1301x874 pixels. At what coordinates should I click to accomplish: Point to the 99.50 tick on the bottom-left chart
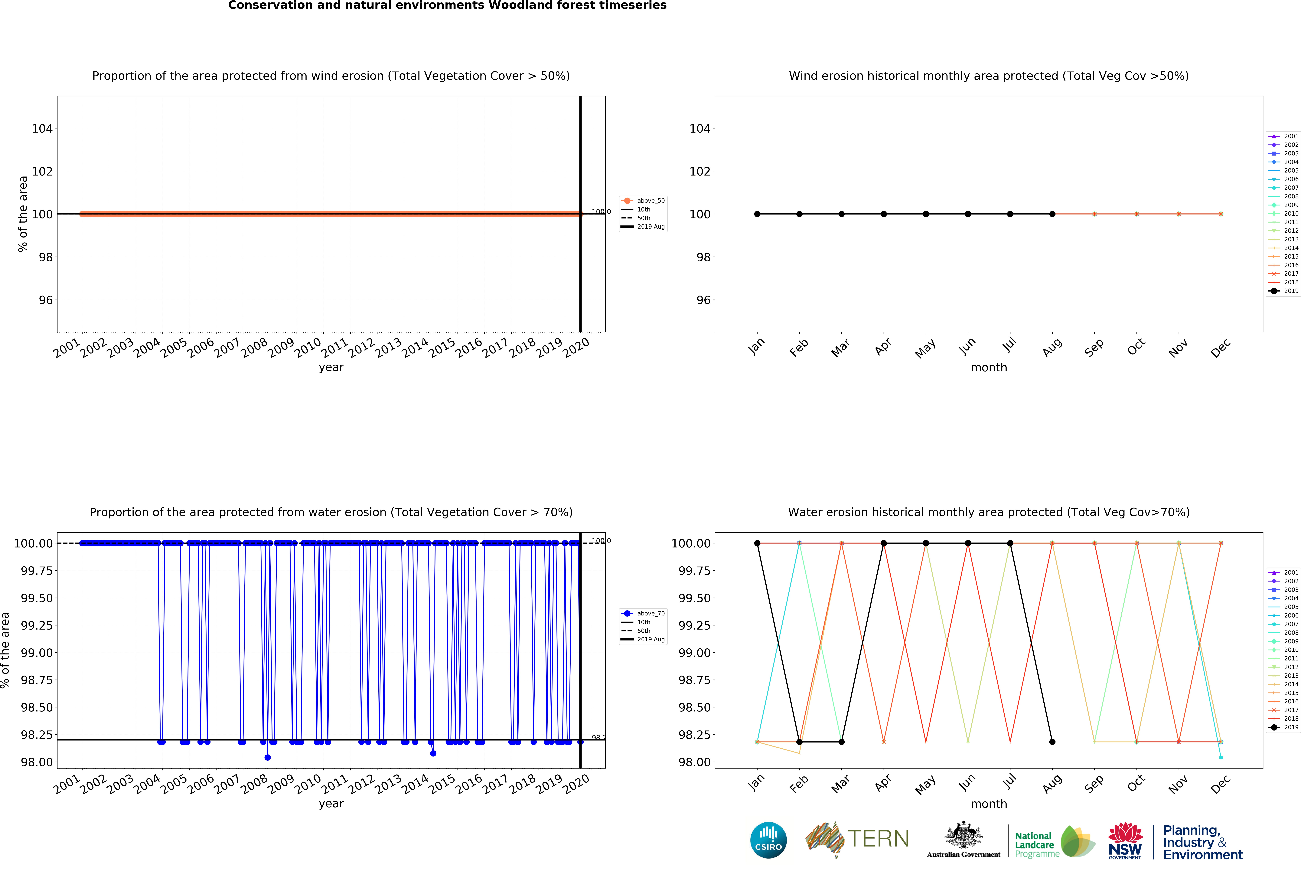37,598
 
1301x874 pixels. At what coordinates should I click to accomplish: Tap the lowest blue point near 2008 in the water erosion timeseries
268,757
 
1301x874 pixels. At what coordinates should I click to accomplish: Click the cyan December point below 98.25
1221,757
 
